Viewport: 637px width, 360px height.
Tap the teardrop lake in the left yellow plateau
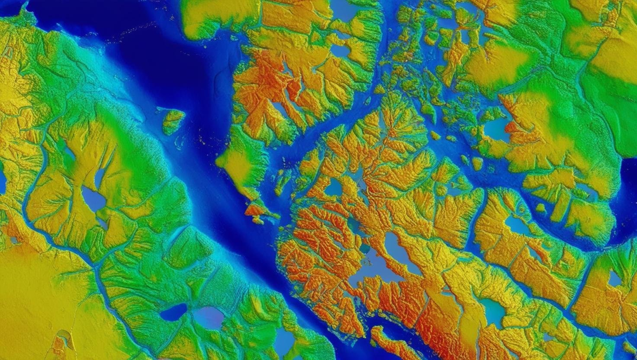coord(93,199)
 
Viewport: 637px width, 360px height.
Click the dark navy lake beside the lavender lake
coord(173,312)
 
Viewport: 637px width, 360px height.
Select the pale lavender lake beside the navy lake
coord(209,317)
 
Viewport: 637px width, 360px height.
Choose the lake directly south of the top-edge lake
coord(340,50)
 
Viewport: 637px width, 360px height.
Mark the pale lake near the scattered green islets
coord(496,129)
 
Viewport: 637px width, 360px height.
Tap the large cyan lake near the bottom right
coord(493,311)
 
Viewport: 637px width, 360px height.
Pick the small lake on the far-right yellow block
coord(614,278)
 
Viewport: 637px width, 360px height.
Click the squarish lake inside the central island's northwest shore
coord(333,188)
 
